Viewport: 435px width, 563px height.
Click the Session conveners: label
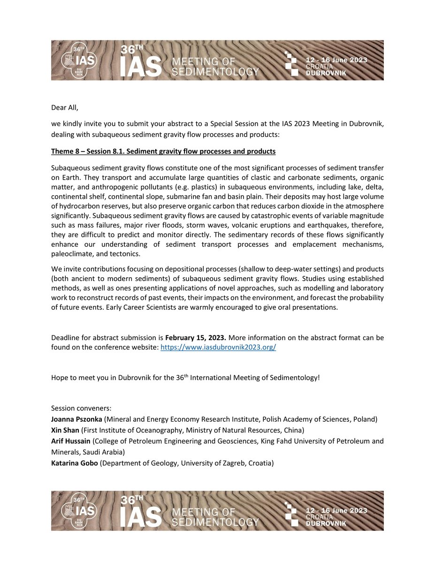tap(81, 409)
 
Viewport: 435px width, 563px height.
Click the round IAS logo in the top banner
tap(80, 60)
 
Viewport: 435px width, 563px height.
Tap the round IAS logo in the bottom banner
tap(80, 510)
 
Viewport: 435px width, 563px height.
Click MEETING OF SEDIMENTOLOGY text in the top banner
tap(215, 66)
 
